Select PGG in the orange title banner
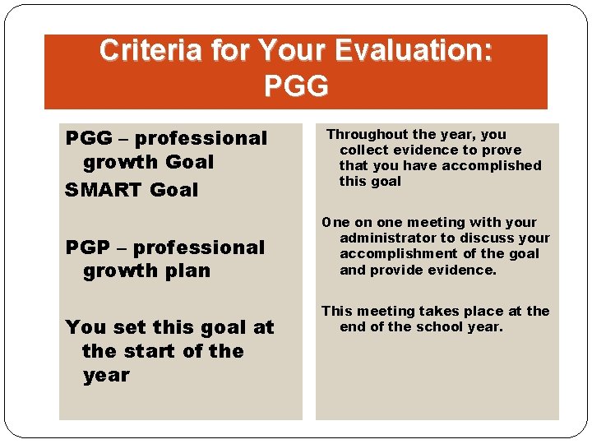coord(296,85)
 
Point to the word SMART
coord(104,190)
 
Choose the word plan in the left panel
coord(188,271)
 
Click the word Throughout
coord(368,134)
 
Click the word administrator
coord(386,238)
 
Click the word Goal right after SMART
coord(174,190)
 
